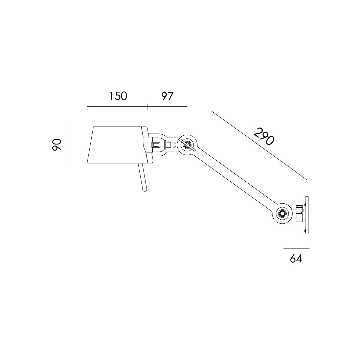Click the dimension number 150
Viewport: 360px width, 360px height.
[x=118, y=96]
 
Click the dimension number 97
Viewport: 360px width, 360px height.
[x=167, y=96]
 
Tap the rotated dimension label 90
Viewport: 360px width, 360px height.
[x=57, y=144]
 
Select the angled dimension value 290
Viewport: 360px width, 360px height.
[x=264, y=136]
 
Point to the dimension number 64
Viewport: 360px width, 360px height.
[x=296, y=258]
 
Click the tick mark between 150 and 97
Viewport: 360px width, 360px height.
[x=148, y=107]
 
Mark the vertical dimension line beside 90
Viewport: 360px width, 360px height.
[x=67, y=144]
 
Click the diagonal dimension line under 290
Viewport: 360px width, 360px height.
[x=259, y=145]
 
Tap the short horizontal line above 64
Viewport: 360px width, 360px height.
[x=296, y=249]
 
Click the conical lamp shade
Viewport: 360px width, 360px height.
[x=115, y=145]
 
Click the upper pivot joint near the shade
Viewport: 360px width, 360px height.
[x=186, y=145]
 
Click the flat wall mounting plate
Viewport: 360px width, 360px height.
[x=307, y=215]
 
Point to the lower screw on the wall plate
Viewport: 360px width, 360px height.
[x=305, y=231]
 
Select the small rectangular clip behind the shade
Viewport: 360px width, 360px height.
[x=156, y=145]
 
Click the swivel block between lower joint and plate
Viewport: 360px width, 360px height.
[x=299, y=214]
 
